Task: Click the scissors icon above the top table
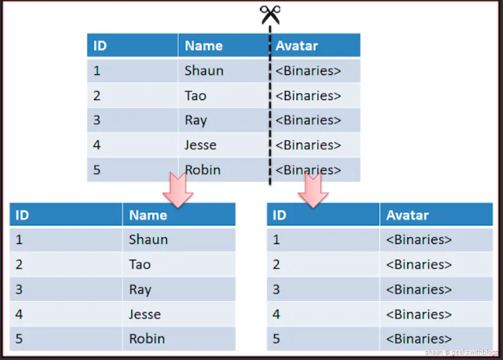pyautogui.click(x=271, y=15)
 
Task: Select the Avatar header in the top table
pyautogui.click(x=297, y=46)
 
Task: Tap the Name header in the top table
pyautogui.click(x=204, y=46)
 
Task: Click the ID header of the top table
pyautogui.click(x=100, y=46)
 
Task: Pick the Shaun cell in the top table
pyautogui.click(x=204, y=70)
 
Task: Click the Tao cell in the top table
pyautogui.click(x=195, y=96)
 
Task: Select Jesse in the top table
pyautogui.click(x=200, y=145)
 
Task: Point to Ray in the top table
pyautogui.click(x=195, y=120)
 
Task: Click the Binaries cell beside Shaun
pyautogui.click(x=309, y=70)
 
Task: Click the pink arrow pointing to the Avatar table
pyautogui.click(x=312, y=188)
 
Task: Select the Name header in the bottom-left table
pyautogui.click(x=148, y=215)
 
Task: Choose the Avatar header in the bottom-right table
pyautogui.click(x=407, y=215)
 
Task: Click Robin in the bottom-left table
pyautogui.click(x=147, y=338)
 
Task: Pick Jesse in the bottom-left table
pyautogui.click(x=145, y=314)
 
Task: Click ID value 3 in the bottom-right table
pyautogui.click(x=276, y=289)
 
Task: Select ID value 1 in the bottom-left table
pyautogui.click(x=19, y=240)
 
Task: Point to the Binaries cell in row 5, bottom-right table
pyautogui.click(x=419, y=338)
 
